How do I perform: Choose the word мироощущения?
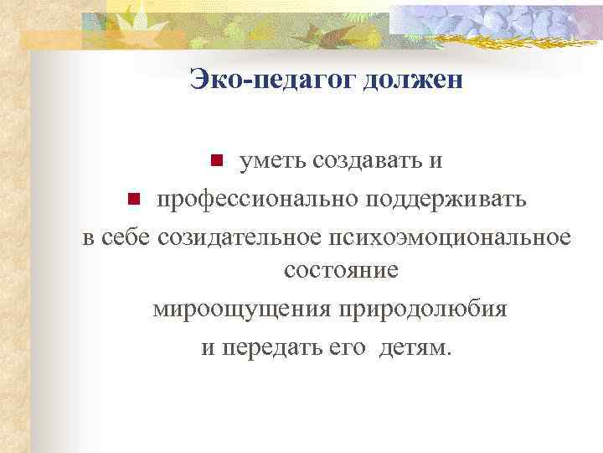point(240,310)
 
